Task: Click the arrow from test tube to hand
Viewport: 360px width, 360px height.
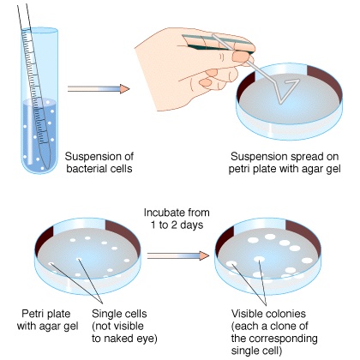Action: pos(99,89)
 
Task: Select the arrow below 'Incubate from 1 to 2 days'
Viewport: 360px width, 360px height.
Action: pos(178,255)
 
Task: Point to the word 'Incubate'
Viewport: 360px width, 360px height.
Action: pos(164,213)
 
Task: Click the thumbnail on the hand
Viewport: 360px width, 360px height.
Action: pos(241,57)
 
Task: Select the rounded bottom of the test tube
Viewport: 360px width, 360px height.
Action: pos(36,167)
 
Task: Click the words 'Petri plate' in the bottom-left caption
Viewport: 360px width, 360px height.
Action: pos(46,314)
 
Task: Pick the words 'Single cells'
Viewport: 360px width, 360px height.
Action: pos(119,314)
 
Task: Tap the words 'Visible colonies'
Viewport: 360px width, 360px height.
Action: pos(268,314)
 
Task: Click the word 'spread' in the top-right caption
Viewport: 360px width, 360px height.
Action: pos(307,157)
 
